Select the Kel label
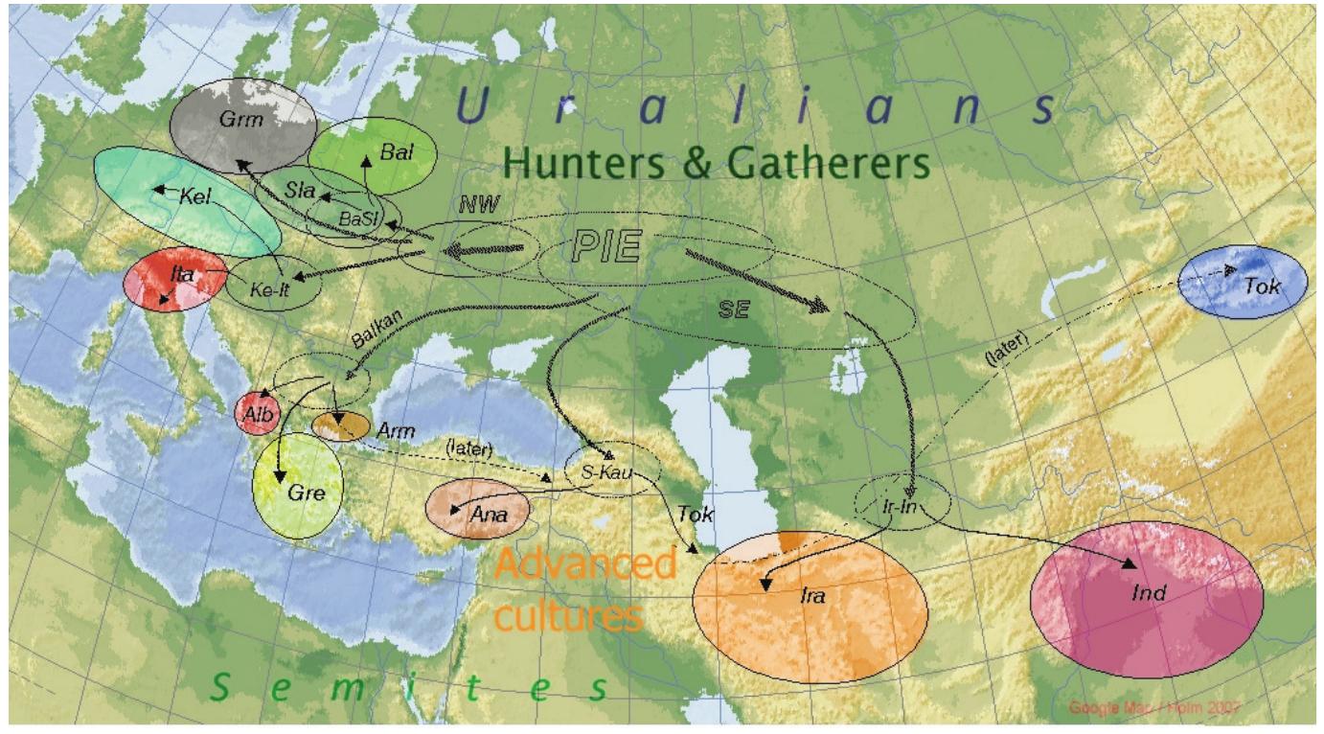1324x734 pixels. [x=194, y=195]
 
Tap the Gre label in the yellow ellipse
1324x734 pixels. [x=301, y=494]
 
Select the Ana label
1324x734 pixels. [x=487, y=513]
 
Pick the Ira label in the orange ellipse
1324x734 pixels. [x=811, y=595]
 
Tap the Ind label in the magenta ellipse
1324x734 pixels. [x=1148, y=594]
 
